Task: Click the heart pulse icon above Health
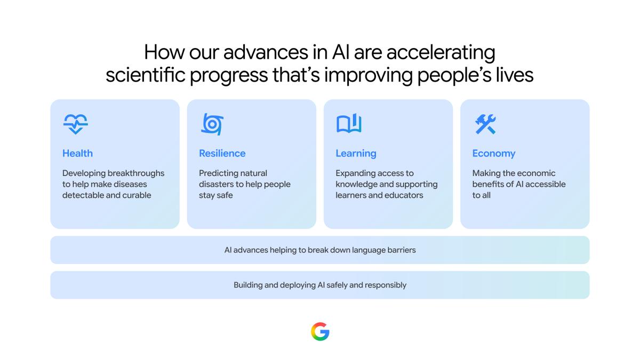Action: pyautogui.click(x=75, y=124)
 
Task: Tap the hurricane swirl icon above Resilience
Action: pyautogui.click(x=212, y=124)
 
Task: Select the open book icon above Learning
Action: pyautogui.click(x=349, y=123)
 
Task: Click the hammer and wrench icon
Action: pyautogui.click(x=485, y=124)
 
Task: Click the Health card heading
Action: pyautogui.click(x=77, y=154)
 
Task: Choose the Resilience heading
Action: pyautogui.click(x=222, y=154)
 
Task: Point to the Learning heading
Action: pyautogui.click(x=356, y=154)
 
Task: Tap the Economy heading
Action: pyautogui.click(x=494, y=154)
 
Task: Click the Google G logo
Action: pyautogui.click(x=320, y=331)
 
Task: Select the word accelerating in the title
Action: pyautogui.click(x=441, y=53)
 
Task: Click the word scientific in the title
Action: pyautogui.click(x=146, y=75)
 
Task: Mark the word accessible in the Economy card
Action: pyautogui.click(x=546, y=185)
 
